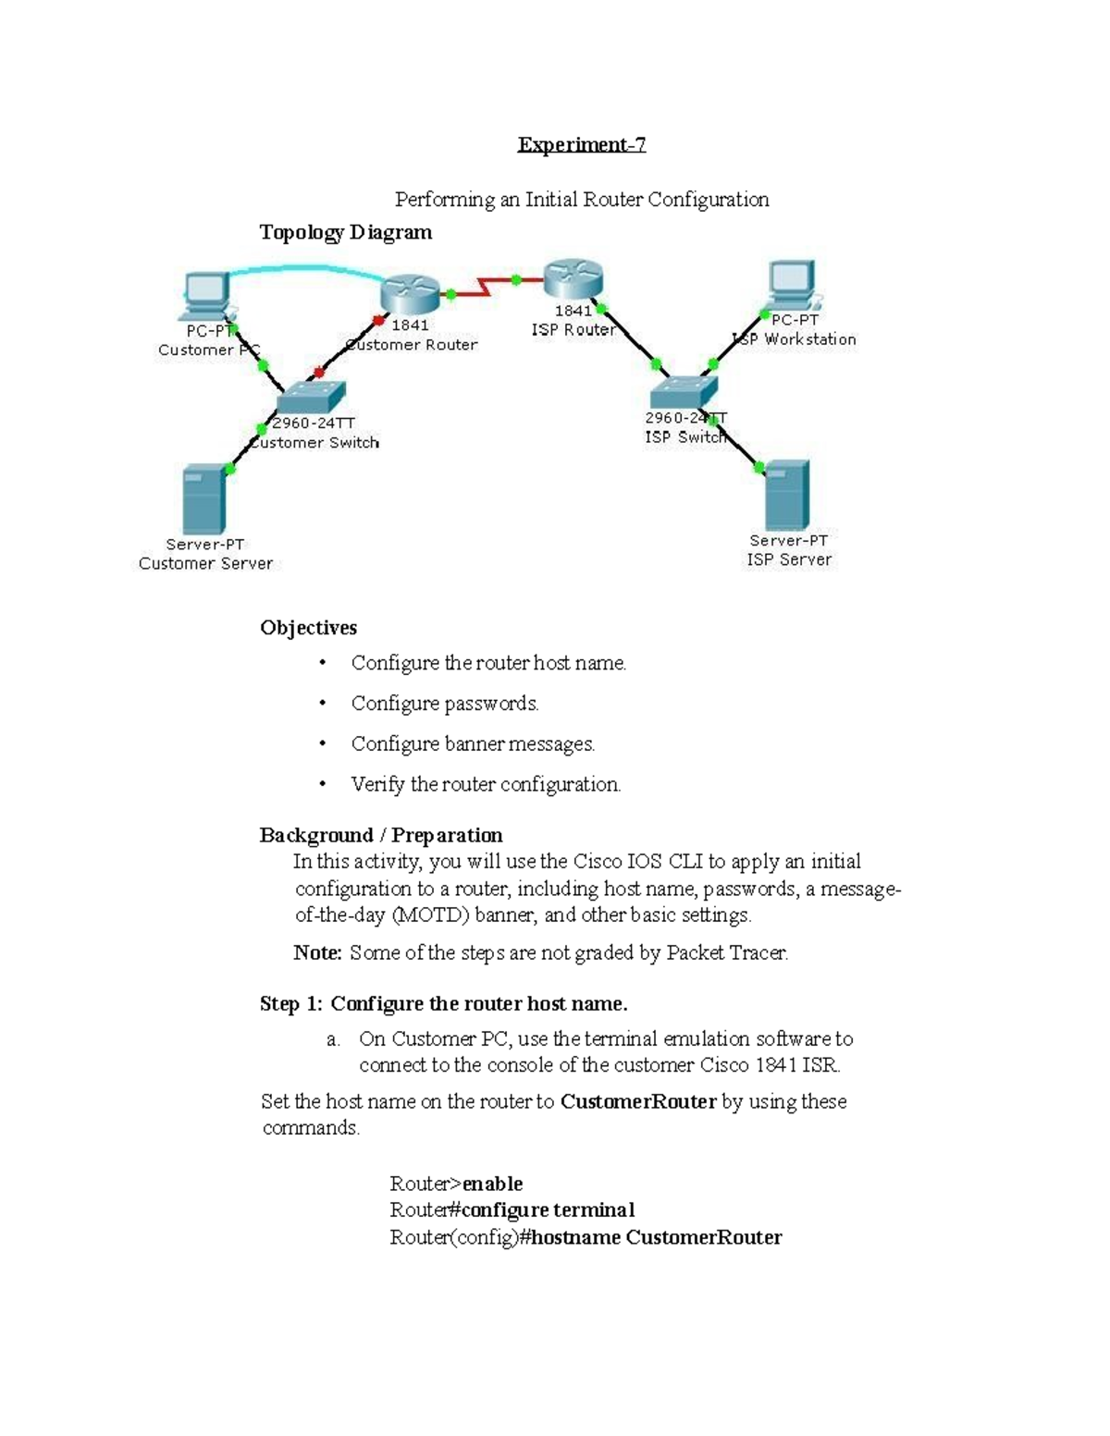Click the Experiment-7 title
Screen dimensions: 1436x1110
(x=581, y=145)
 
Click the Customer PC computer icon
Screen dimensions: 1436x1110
(x=207, y=295)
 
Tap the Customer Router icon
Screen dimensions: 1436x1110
(x=409, y=294)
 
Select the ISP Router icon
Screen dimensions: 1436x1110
(x=573, y=278)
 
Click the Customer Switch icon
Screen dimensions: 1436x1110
(x=311, y=398)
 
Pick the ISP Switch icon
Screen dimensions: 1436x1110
(x=684, y=392)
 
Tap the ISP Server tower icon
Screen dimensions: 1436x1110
(x=787, y=495)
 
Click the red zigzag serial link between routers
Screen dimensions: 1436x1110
(x=484, y=287)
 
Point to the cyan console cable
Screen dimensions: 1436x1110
(x=305, y=269)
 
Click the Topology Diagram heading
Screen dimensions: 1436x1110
(x=345, y=232)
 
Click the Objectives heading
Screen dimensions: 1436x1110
(x=308, y=628)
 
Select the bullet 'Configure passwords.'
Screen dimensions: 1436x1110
(x=444, y=704)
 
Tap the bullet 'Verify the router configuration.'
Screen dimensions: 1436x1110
(x=486, y=785)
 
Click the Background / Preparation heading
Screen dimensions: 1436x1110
(x=381, y=836)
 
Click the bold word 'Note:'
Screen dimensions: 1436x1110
(x=317, y=953)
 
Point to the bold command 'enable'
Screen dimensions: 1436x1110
(x=492, y=1184)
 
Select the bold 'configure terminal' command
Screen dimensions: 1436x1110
(x=548, y=1211)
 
